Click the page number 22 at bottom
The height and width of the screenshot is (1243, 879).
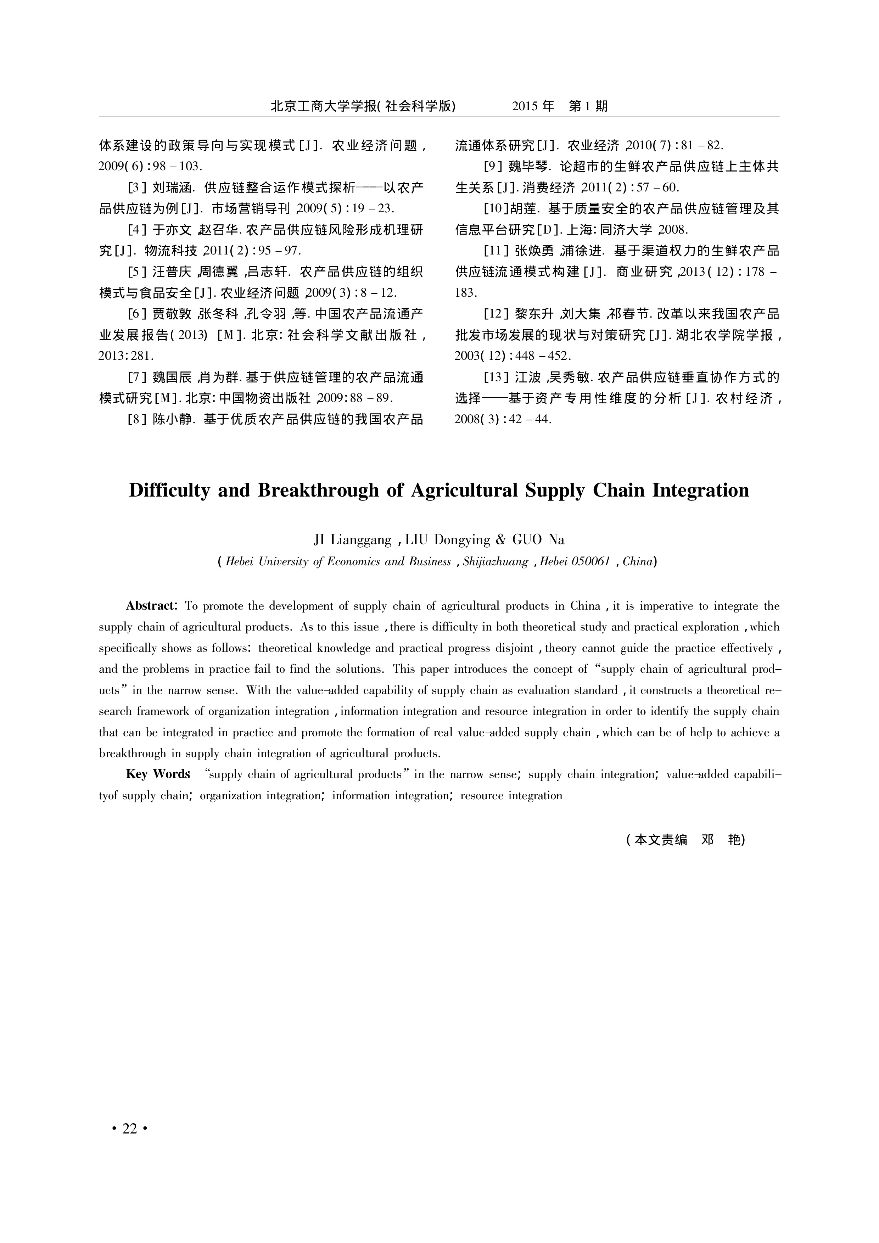point(130,1128)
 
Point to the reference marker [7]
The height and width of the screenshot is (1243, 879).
point(138,377)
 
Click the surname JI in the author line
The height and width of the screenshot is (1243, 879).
point(320,540)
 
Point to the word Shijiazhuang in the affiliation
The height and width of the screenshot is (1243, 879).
point(495,562)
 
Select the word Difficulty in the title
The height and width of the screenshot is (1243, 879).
point(168,491)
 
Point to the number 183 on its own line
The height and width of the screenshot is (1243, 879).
point(465,293)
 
